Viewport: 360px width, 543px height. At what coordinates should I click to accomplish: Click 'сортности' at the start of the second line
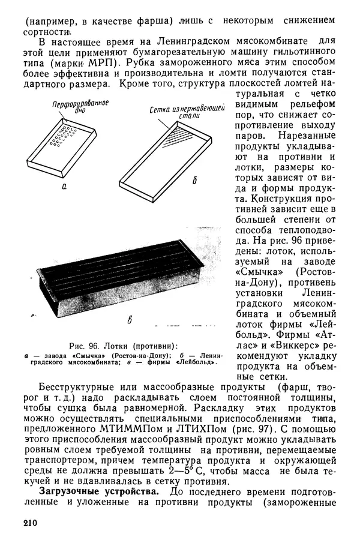43,31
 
